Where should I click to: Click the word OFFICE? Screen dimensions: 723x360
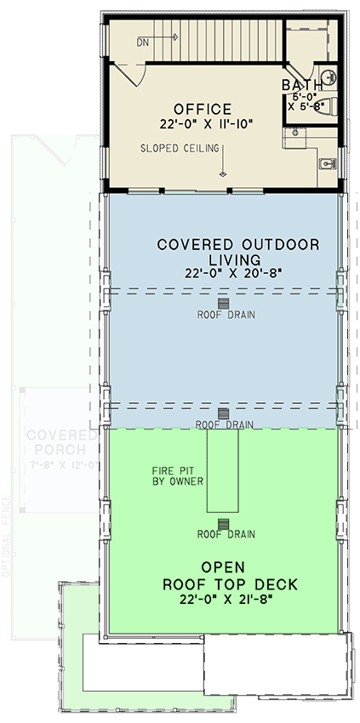[203, 109]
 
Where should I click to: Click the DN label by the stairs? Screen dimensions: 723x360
[142, 40]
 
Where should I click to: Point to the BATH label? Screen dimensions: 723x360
[302, 85]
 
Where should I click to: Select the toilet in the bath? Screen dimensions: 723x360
[331, 105]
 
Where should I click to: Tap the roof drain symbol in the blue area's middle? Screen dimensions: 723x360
[224, 303]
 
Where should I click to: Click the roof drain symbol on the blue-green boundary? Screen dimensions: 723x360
[224, 413]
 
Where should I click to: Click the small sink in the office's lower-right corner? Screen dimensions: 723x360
[328, 162]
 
